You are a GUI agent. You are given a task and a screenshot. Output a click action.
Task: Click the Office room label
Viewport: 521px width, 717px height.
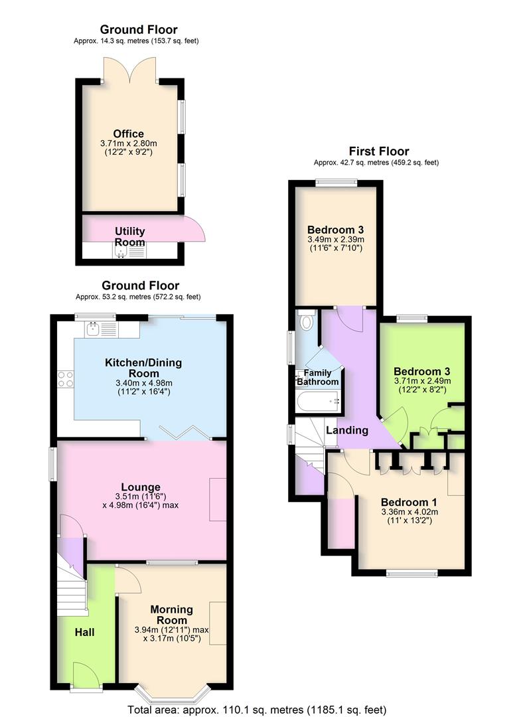coord(128,134)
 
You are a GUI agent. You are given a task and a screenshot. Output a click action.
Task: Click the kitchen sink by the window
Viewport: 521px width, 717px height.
coord(92,329)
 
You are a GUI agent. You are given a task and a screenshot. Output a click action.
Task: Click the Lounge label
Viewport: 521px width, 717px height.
coord(141,487)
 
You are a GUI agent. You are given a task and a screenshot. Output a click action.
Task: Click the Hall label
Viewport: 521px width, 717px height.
coord(84,632)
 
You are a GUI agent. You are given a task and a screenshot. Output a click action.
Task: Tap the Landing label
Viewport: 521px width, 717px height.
coord(346,431)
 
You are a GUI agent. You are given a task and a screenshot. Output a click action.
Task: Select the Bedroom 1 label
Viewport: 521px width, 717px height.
coord(409,502)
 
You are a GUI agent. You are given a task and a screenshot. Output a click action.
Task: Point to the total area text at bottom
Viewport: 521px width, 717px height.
coord(261,708)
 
